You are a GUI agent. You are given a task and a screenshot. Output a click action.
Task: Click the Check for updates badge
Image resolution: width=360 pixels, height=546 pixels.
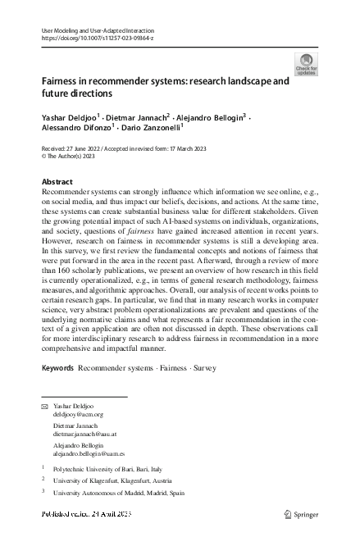coord(306,64)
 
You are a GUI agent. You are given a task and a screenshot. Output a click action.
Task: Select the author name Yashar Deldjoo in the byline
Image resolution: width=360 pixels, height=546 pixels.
coord(69,117)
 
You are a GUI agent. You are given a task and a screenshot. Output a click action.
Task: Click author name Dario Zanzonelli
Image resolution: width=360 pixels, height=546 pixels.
coord(151,129)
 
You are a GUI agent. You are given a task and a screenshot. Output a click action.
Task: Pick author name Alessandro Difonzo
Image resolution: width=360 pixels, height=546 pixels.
coord(76,129)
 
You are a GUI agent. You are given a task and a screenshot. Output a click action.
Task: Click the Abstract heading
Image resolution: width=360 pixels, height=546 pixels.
coord(57,181)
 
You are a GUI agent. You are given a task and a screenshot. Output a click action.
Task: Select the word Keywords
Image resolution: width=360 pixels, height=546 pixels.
coord(57,368)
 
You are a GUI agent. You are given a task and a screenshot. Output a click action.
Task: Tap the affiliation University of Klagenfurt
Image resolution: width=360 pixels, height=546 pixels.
coord(112,480)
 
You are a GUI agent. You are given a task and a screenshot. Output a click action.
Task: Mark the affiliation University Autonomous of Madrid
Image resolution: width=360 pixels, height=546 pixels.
coord(119,494)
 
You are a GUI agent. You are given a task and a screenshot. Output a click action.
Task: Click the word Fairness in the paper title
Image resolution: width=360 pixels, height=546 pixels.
coord(62,82)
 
